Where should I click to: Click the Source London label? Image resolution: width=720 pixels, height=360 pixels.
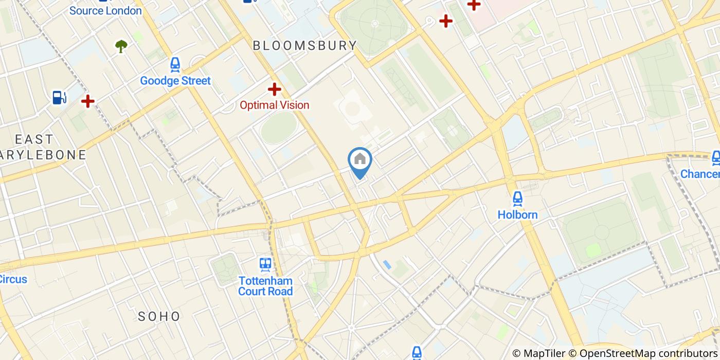coord(105,11)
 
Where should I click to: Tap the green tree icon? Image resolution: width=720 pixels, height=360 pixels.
coord(121,46)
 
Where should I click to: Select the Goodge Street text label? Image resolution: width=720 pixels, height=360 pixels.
coord(175,81)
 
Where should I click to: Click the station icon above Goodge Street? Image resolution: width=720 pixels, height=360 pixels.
coord(175,65)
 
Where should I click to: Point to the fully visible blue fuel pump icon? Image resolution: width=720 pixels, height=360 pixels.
coord(59,97)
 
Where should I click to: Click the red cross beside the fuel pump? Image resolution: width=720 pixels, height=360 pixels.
coord(88,101)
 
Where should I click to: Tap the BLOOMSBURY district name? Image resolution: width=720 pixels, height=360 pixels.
coord(305,45)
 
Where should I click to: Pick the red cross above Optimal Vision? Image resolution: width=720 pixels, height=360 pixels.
coord(275,89)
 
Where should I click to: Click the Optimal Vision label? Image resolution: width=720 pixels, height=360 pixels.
coord(275,105)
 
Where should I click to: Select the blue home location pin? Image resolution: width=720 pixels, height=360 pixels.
coord(360,161)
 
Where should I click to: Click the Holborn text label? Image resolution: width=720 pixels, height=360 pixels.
coord(517,214)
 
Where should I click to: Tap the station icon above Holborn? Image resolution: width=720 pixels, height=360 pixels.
coord(517,199)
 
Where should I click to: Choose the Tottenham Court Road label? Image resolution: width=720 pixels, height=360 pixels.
coord(265,286)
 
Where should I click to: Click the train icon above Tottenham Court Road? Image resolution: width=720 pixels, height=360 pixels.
coord(265,265)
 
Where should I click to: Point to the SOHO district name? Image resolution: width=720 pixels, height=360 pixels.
coord(159,316)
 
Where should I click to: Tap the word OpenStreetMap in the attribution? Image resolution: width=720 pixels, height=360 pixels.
coord(611,353)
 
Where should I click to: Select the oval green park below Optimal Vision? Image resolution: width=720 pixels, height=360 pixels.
coord(279,128)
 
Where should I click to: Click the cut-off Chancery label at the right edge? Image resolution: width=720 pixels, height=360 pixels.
coord(700,174)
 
